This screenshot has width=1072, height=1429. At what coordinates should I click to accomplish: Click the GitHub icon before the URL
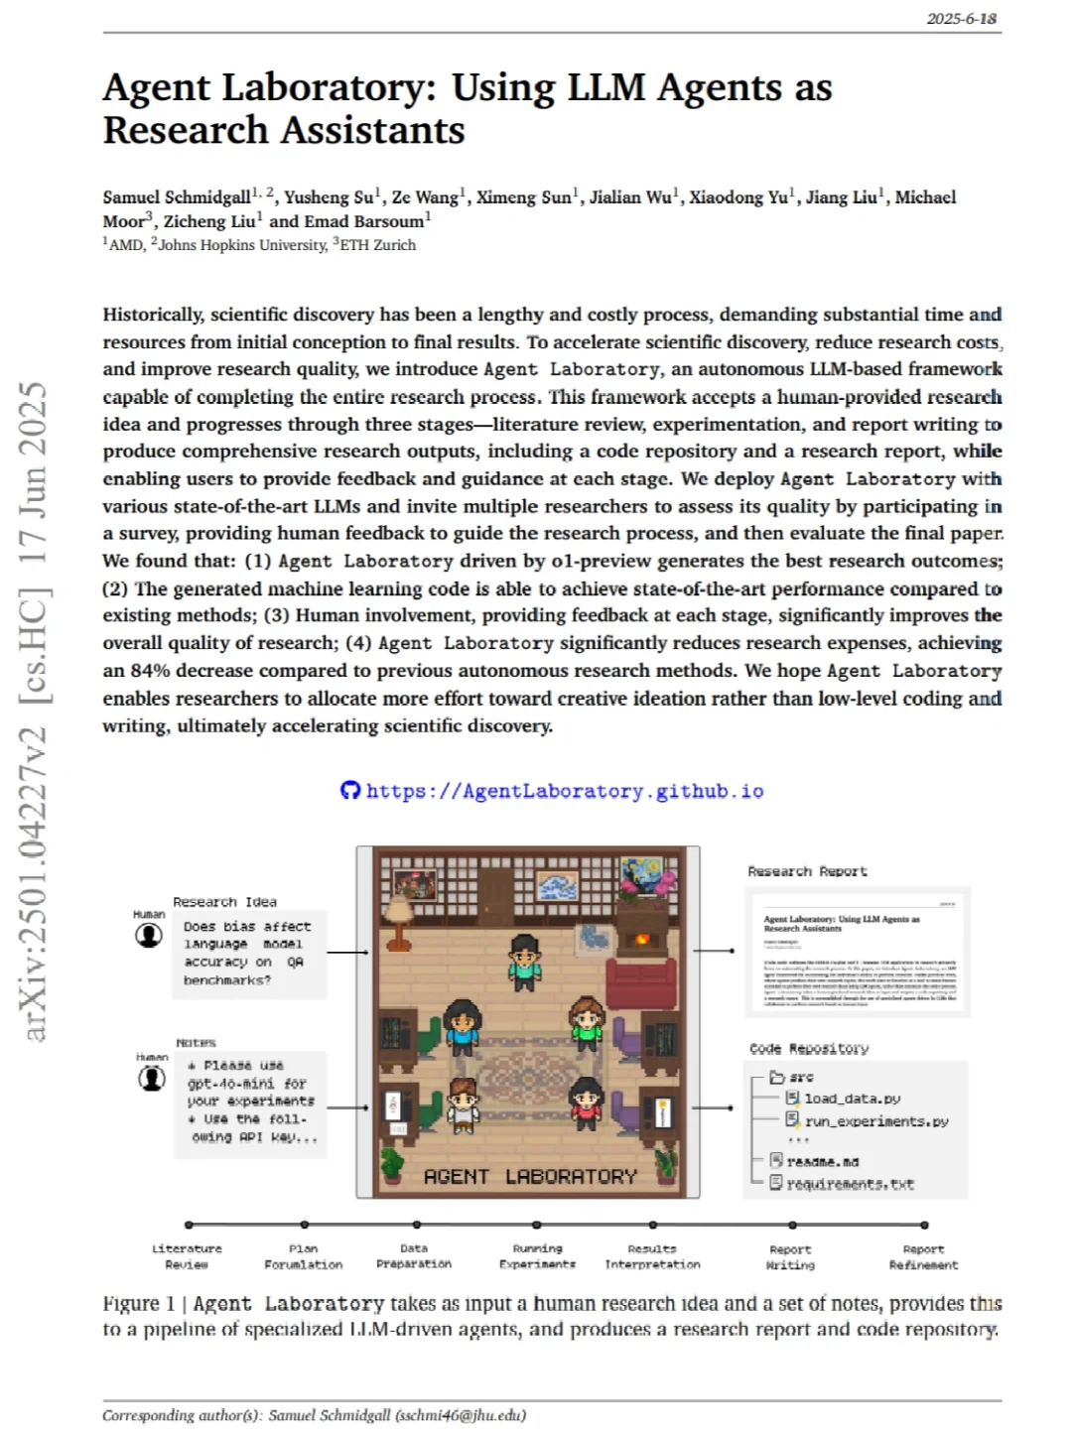click(349, 790)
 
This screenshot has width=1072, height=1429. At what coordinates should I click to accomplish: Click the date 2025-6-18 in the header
click(961, 19)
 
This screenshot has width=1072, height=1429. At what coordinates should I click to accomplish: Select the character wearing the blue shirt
click(462, 1027)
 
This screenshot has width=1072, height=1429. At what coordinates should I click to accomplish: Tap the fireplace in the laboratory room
click(642, 939)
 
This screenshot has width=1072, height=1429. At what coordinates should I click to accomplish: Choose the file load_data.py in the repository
click(852, 1099)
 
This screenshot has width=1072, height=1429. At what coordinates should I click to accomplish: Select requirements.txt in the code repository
click(850, 1184)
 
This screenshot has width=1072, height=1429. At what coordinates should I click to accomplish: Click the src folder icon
click(777, 1077)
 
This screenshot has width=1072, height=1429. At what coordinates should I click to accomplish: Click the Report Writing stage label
click(790, 1257)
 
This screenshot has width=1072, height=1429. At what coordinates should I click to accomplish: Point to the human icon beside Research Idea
click(149, 935)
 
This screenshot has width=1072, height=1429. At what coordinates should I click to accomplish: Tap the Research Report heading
click(807, 871)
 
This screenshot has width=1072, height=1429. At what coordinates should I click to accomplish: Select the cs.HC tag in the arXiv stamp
click(35, 647)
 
